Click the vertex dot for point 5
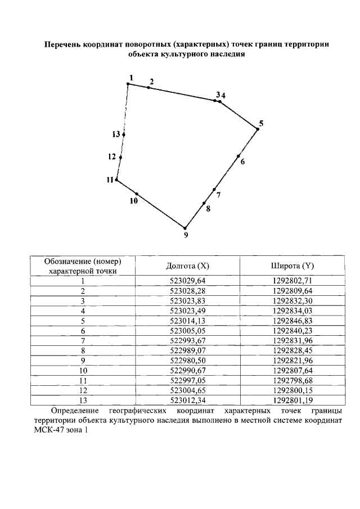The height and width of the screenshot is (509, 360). click(x=258, y=129)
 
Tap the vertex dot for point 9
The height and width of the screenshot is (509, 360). click(x=185, y=228)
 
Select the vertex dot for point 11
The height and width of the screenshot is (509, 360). click(x=116, y=180)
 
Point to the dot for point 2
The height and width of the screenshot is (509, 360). click(x=148, y=87)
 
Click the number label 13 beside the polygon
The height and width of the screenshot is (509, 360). click(x=116, y=134)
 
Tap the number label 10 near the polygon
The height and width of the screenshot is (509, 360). click(x=134, y=201)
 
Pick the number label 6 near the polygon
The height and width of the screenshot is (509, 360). click(x=242, y=162)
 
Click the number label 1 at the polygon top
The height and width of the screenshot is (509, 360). click(x=131, y=77)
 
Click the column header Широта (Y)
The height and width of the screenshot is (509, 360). click(x=292, y=265)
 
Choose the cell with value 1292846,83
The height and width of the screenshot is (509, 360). click(x=292, y=320)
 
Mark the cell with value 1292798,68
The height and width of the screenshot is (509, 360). click(x=292, y=380)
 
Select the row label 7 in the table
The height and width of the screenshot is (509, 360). click(x=83, y=340)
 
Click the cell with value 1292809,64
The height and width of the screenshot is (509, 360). click(x=292, y=290)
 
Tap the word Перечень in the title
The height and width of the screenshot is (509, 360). click(x=61, y=44)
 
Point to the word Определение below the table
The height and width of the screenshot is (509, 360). click(x=76, y=411)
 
